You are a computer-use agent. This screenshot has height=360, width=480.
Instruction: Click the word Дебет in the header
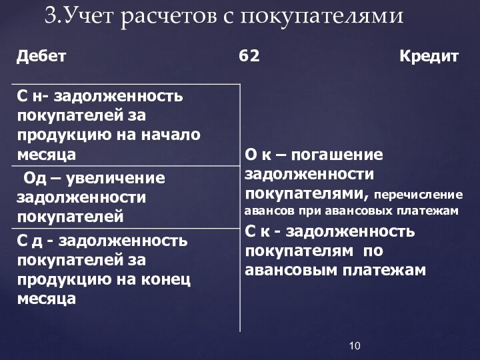tap(41, 57)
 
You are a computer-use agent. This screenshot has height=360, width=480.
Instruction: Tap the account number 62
tap(249, 57)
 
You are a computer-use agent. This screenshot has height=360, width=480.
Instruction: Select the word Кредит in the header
tap(429, 57)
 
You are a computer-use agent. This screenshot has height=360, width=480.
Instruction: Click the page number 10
tap(355, 345)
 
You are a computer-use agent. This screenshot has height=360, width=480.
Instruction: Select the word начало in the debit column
tap(171, 134)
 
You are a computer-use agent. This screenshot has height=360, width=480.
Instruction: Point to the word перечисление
tap(418, 195)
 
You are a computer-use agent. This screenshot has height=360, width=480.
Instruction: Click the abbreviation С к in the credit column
tap(258, 232)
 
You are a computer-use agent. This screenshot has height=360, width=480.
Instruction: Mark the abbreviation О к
tap(257, 155)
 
